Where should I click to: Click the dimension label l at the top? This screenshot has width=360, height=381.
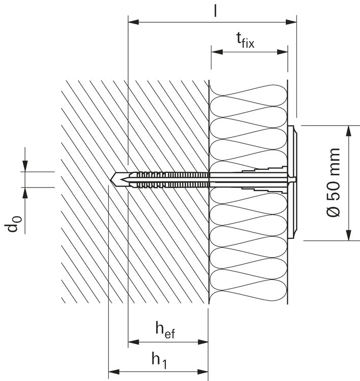(215, 11)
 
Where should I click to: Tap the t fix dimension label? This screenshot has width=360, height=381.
(245, 40)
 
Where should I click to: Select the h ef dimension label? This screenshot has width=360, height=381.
(165, 330)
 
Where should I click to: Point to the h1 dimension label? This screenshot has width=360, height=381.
(159, 361)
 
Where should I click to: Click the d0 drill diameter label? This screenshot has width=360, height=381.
(13, 224)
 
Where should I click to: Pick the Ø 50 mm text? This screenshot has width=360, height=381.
(333, 182)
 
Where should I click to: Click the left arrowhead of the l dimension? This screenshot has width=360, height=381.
(134, 22)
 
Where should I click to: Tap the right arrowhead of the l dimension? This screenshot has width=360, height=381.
(291, 22)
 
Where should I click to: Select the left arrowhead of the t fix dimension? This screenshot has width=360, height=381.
(217, 52)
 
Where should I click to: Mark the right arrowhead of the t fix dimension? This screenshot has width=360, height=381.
(282, 52)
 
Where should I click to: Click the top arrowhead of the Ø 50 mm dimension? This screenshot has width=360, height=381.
(349, 131)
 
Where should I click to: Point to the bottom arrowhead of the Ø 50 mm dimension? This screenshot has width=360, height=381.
(349, 235)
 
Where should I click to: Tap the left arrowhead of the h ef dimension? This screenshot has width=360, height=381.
(134, 342)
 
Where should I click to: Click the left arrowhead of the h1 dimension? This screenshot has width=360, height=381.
(114, 371)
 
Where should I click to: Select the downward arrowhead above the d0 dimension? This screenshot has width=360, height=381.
(25, 166)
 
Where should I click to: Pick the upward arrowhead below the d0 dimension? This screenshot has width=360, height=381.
(25, 193)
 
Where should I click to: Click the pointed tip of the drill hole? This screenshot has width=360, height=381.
(111, 180)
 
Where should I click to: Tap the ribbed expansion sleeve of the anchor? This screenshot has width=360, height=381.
(170, 180)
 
